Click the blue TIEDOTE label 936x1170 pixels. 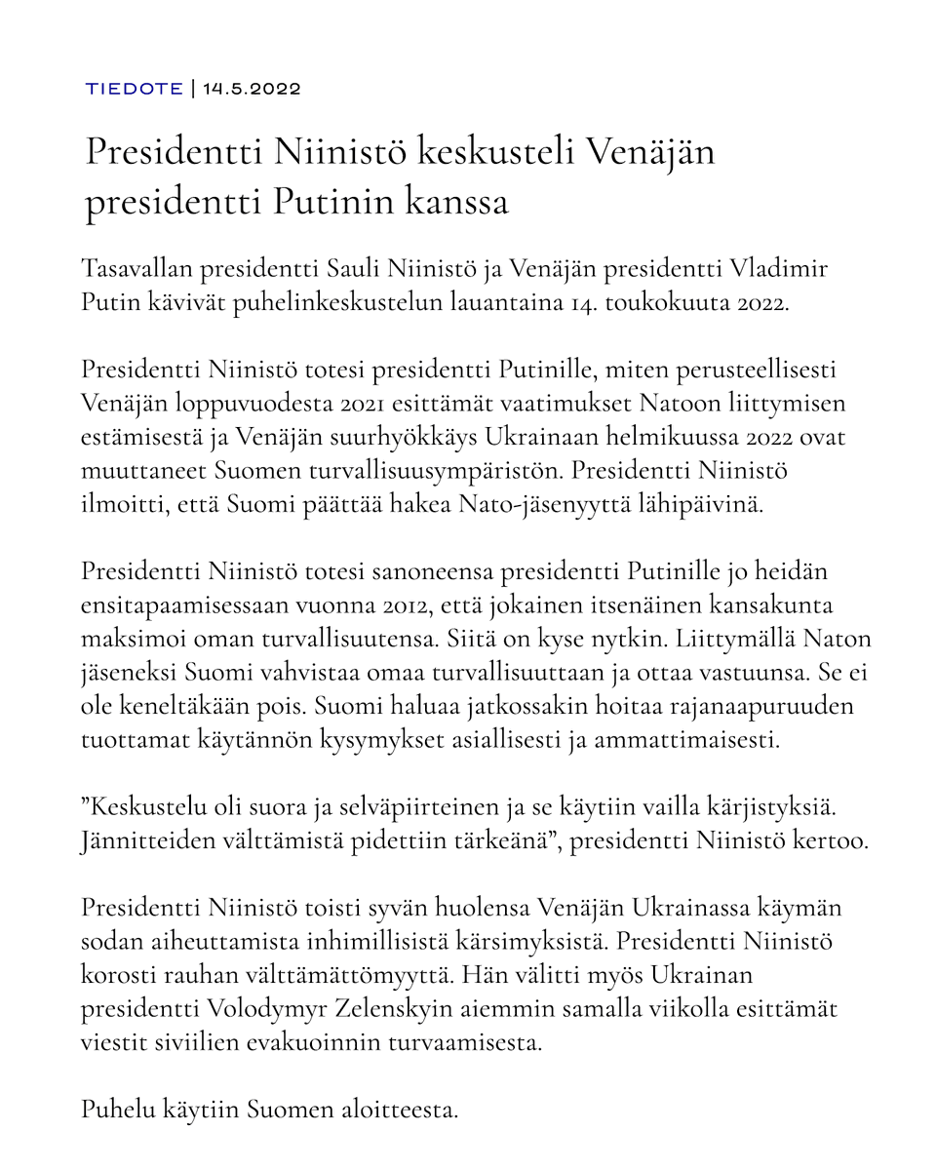pyautogui.click(x=135, y=89)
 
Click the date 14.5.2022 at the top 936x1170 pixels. pyautogui.click(x=252, y=89)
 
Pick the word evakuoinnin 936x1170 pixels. pyautogui.click(x=294, y=1042)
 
